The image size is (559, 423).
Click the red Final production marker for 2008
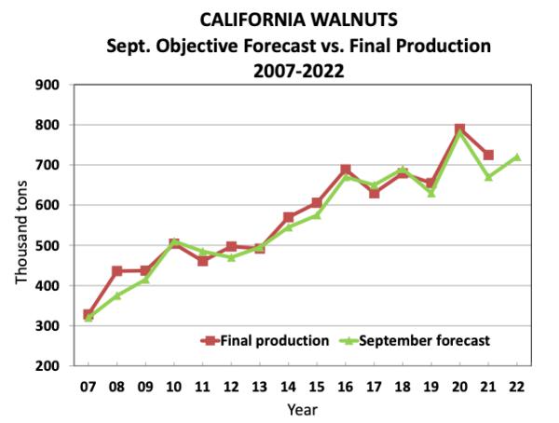click(x=117, y=271)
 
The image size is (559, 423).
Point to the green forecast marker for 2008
click(x=117, y=295)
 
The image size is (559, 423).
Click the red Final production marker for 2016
click(x=346, y=171)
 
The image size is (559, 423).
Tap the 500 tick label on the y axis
click(x=48, y=245)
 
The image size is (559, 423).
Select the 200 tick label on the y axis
click(x=48, y=366)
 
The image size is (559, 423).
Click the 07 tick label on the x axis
click(x=89, y=386)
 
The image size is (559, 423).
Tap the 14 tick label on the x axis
click(x=289, y=386)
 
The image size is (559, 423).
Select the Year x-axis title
click(x=303, y=408)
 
